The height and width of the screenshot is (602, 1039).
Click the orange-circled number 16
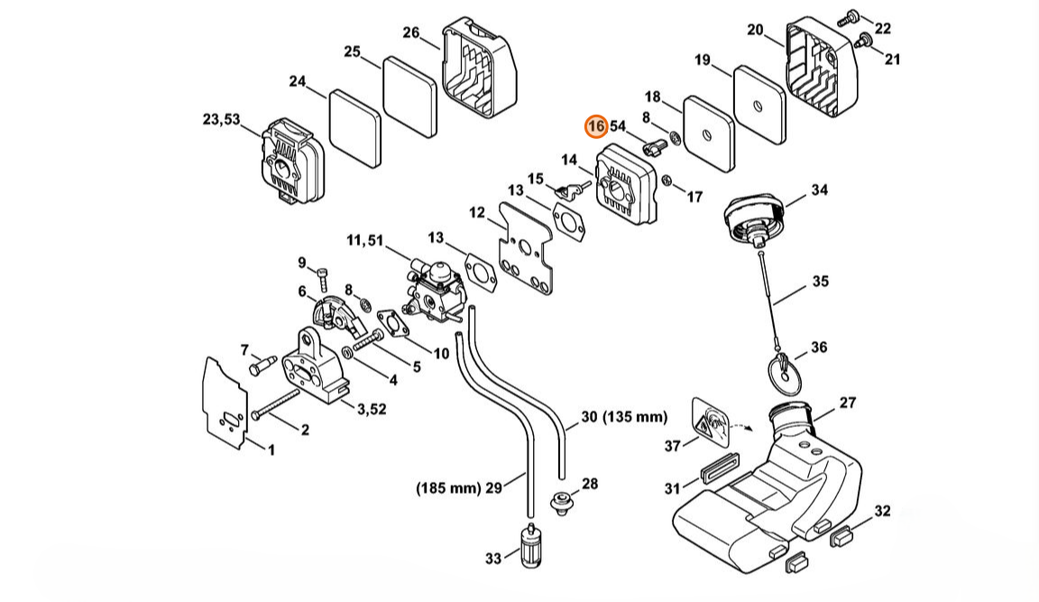pos(595,126)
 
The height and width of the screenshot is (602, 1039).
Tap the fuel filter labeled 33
pos(530,544)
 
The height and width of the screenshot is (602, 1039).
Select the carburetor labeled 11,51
pos(431,290)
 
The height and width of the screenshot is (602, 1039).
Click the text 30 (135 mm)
pos(624,417)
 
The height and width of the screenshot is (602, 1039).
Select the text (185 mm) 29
pos(458,488)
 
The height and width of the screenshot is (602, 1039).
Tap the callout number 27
pos(848,402)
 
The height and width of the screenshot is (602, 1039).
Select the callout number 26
pos(411,32)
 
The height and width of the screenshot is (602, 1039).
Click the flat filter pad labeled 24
pos(355,128)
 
